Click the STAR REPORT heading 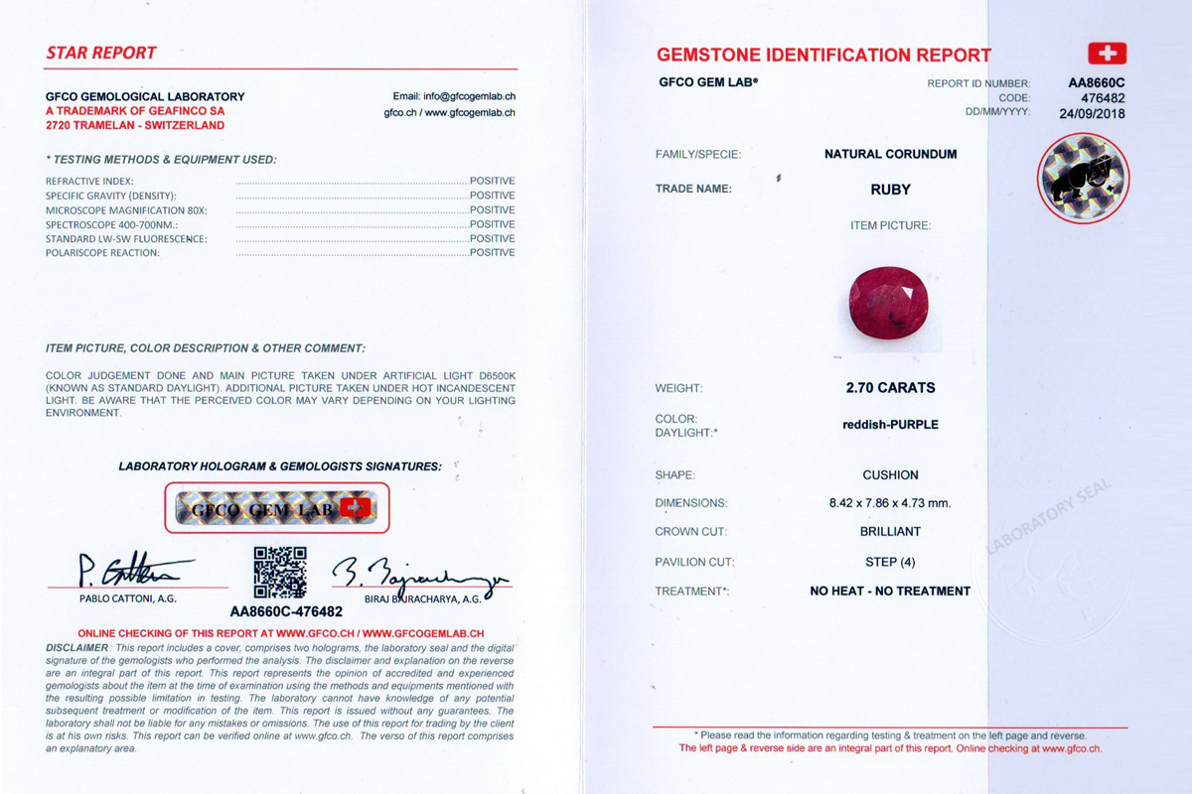[101, 53]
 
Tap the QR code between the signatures [280, 573]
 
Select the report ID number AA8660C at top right [1097, 83]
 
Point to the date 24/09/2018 [1092, 112]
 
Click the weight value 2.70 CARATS [890, 388]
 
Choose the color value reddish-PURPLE [890, 425]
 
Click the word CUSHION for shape [890, 475]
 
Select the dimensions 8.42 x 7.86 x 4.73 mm [890, 503]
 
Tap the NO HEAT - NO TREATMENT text [890, 591]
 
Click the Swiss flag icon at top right [1107, 54]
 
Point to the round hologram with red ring [1083, 179]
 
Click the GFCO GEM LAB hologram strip [277, 508]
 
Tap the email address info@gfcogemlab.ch [454, 96]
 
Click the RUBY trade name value [890, 189]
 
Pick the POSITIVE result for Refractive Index [492, 181]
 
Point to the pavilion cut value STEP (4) [890, 562]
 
